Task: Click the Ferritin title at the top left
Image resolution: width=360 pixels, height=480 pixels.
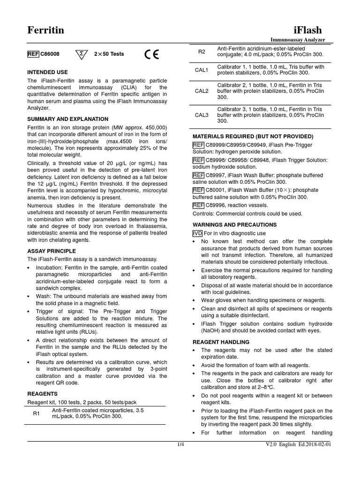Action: pos(45,30)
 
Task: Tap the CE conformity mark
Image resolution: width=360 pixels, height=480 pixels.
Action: pos(151,54)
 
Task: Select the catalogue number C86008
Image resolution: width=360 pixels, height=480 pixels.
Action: pos(50,54)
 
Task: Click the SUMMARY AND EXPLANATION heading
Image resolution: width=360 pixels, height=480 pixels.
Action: pos(67,119)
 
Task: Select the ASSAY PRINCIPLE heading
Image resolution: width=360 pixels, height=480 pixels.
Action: pos(51,251)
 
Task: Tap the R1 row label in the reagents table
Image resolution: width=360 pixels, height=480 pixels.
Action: pos(37,413)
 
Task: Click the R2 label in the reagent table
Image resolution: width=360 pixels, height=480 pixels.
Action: pos(202,51)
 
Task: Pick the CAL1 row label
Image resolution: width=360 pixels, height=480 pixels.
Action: pos(202,70)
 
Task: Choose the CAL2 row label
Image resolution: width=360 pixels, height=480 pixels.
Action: pos(202,91)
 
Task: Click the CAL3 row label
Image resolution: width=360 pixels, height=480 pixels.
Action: pos(202,115)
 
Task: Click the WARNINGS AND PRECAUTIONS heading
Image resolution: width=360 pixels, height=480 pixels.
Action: pos(235,225)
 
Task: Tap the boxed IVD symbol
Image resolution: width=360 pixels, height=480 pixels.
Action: pos(197,233)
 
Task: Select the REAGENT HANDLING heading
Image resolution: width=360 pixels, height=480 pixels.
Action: pos(221,342)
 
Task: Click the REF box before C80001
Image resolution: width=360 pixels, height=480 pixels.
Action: pos(198,190)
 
